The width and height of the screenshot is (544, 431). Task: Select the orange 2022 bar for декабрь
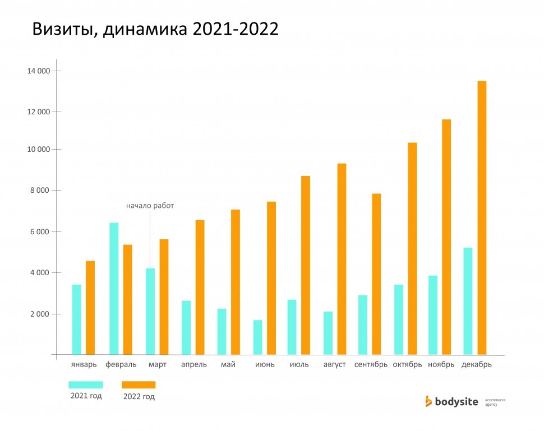click(482, 218)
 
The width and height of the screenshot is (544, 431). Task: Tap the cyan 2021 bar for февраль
click(114, 289)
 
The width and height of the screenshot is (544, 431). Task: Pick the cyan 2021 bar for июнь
click(258, 337)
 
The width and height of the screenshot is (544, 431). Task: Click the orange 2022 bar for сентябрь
click(376, 274)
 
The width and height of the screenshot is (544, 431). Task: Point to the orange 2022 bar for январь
click(90, 308)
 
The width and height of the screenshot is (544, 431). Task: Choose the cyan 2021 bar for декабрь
click(468, 301)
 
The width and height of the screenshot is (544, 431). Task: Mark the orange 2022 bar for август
click(342, 259)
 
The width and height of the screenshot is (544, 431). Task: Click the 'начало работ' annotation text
click(150, 206)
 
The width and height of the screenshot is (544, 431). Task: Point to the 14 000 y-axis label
click(39, 71)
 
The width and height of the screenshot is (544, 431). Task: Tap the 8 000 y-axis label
click(40, 191)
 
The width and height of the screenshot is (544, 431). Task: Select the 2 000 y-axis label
click(40, 314)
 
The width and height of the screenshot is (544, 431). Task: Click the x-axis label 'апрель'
click(194, 365)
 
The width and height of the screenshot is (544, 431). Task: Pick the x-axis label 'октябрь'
click(407, 365)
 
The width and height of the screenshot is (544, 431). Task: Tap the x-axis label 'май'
click(228, 364)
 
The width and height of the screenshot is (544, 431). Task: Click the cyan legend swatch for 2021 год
click(86, 384)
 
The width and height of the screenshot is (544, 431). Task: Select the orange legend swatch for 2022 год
click(139, 384)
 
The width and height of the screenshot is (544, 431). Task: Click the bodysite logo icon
click(428, 401)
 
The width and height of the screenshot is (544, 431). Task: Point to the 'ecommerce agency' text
click(495, 402)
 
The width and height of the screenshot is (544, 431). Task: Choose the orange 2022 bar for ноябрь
click(446, 237)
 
